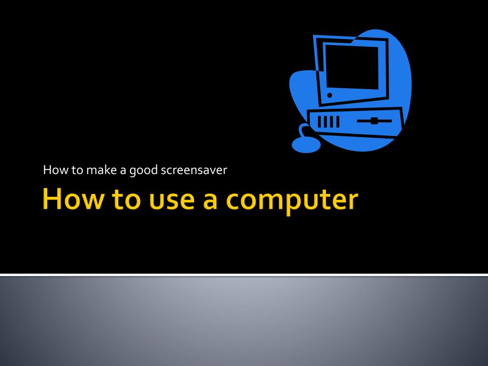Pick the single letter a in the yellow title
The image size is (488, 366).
point(210,202)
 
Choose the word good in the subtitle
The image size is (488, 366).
point(143,171)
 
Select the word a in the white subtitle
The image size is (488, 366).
point(123,172)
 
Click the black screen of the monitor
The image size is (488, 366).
point(352,67)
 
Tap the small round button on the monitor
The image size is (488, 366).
point(330,95)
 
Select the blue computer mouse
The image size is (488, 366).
point(306,145)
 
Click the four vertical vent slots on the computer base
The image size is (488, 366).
point(328,122)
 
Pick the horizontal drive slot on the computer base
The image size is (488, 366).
point(374,121)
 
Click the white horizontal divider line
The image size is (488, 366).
point(244,275)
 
